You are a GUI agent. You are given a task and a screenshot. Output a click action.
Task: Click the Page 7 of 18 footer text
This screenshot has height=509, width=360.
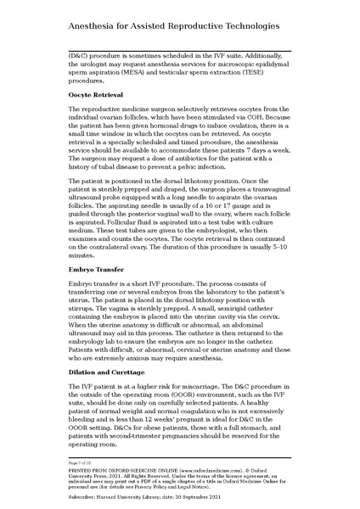81,461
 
